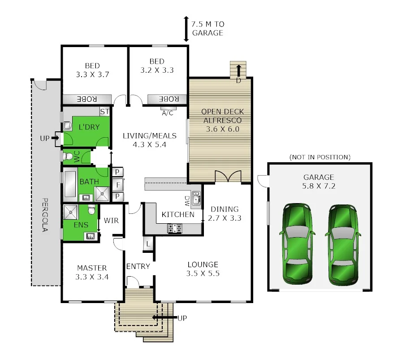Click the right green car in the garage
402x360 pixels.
click(x=343, y=245)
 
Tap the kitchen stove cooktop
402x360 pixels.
click(x=175, y=228)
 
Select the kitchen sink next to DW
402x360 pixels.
click(x=196, y=199)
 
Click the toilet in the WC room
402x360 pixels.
click(x=68, y=157)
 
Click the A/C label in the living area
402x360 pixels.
click(x=168, y=113)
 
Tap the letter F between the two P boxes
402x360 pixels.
click(x=118, y=184)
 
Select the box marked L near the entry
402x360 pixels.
click(x=148, y=244)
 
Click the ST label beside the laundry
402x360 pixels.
click(x=104, y=111)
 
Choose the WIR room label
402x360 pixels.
click(x=111, y=221)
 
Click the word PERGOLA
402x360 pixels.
click(x=45, y=215)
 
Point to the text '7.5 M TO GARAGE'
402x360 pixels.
click(x=207, y=29)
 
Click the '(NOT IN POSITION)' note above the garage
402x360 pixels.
click(x=320, y=157)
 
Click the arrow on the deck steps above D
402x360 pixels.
click(x=238, y=70)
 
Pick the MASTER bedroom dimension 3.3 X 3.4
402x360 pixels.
click(x=92, y=277)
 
